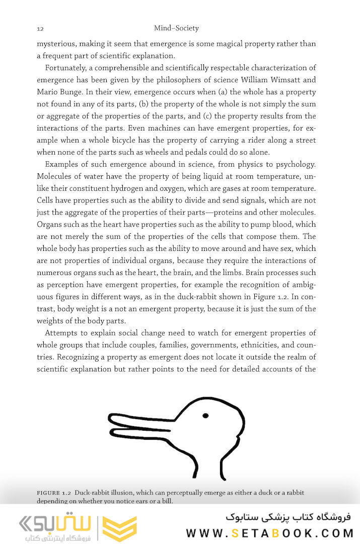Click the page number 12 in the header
pyautogui.click(x=40, y=29)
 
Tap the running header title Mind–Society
pyautogui.click(x=176, y=28)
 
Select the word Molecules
pyautogui.click(x=56, y=176)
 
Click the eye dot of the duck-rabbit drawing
pyautogui.click(x=205, y=416)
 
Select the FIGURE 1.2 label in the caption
pyautogui.click(x=54, y=492)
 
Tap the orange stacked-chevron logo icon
pyautogui.click(x=119, y=527)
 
